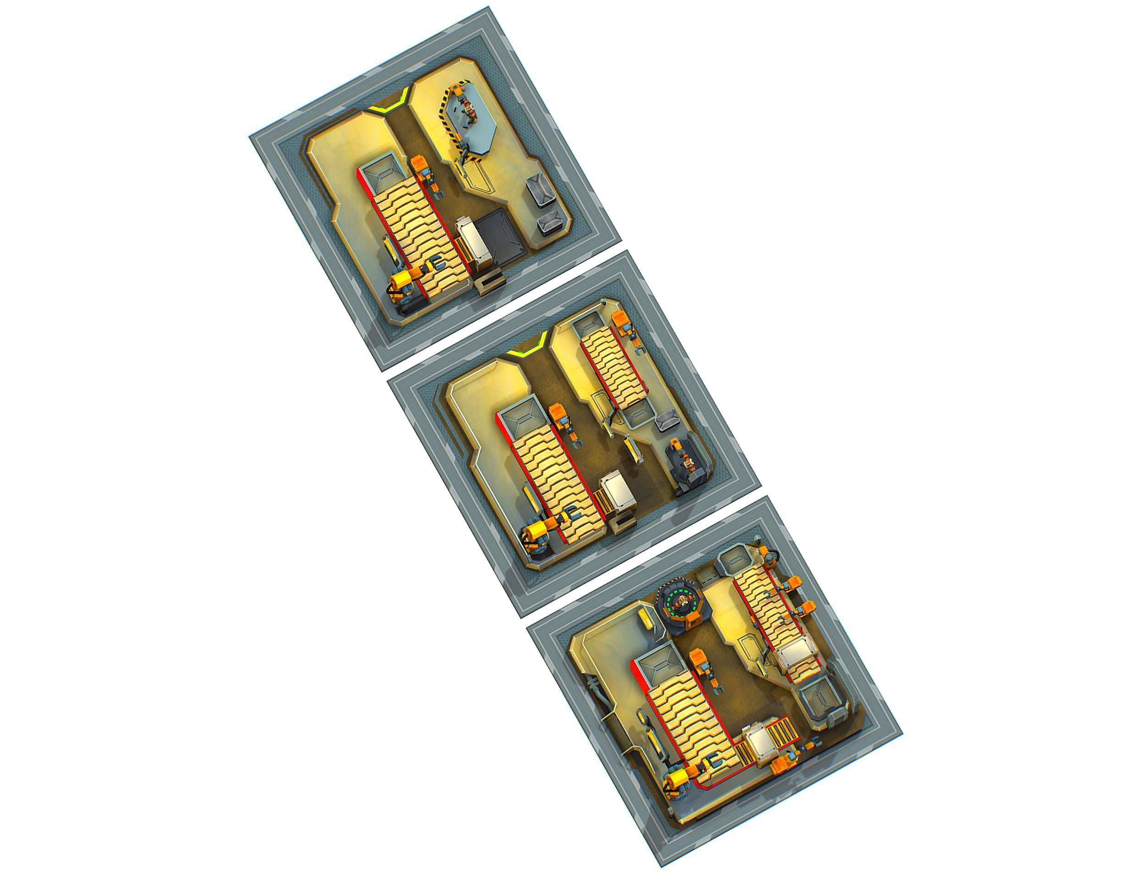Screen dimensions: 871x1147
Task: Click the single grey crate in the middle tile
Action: point(666,420)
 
